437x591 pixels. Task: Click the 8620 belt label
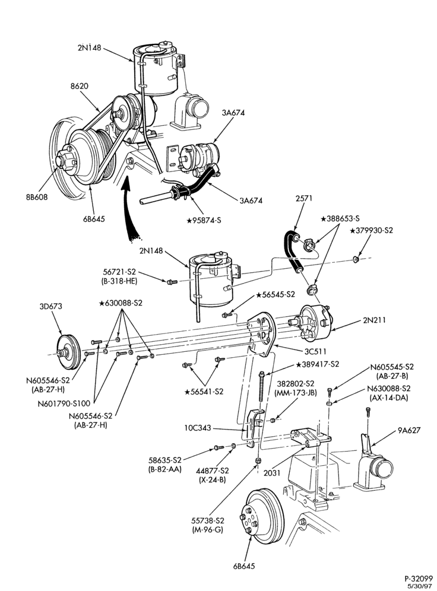[79, 86]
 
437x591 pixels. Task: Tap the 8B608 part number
[36, 197]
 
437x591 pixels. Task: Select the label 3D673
[50, 306]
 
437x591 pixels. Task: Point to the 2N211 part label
[375, 320]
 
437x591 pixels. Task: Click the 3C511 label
[315, 352]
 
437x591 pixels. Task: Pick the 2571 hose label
[304, 198]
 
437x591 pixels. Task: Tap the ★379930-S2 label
[372, 230]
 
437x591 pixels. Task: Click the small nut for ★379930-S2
[355, 259]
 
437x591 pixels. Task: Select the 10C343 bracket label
[198, 428]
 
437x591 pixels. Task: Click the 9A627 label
[408, 430]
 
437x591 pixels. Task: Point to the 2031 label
[272, 473]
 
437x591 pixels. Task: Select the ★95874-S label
[204, 220]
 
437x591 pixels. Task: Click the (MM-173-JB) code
[296, 392]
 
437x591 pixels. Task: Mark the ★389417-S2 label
[318, 364]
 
